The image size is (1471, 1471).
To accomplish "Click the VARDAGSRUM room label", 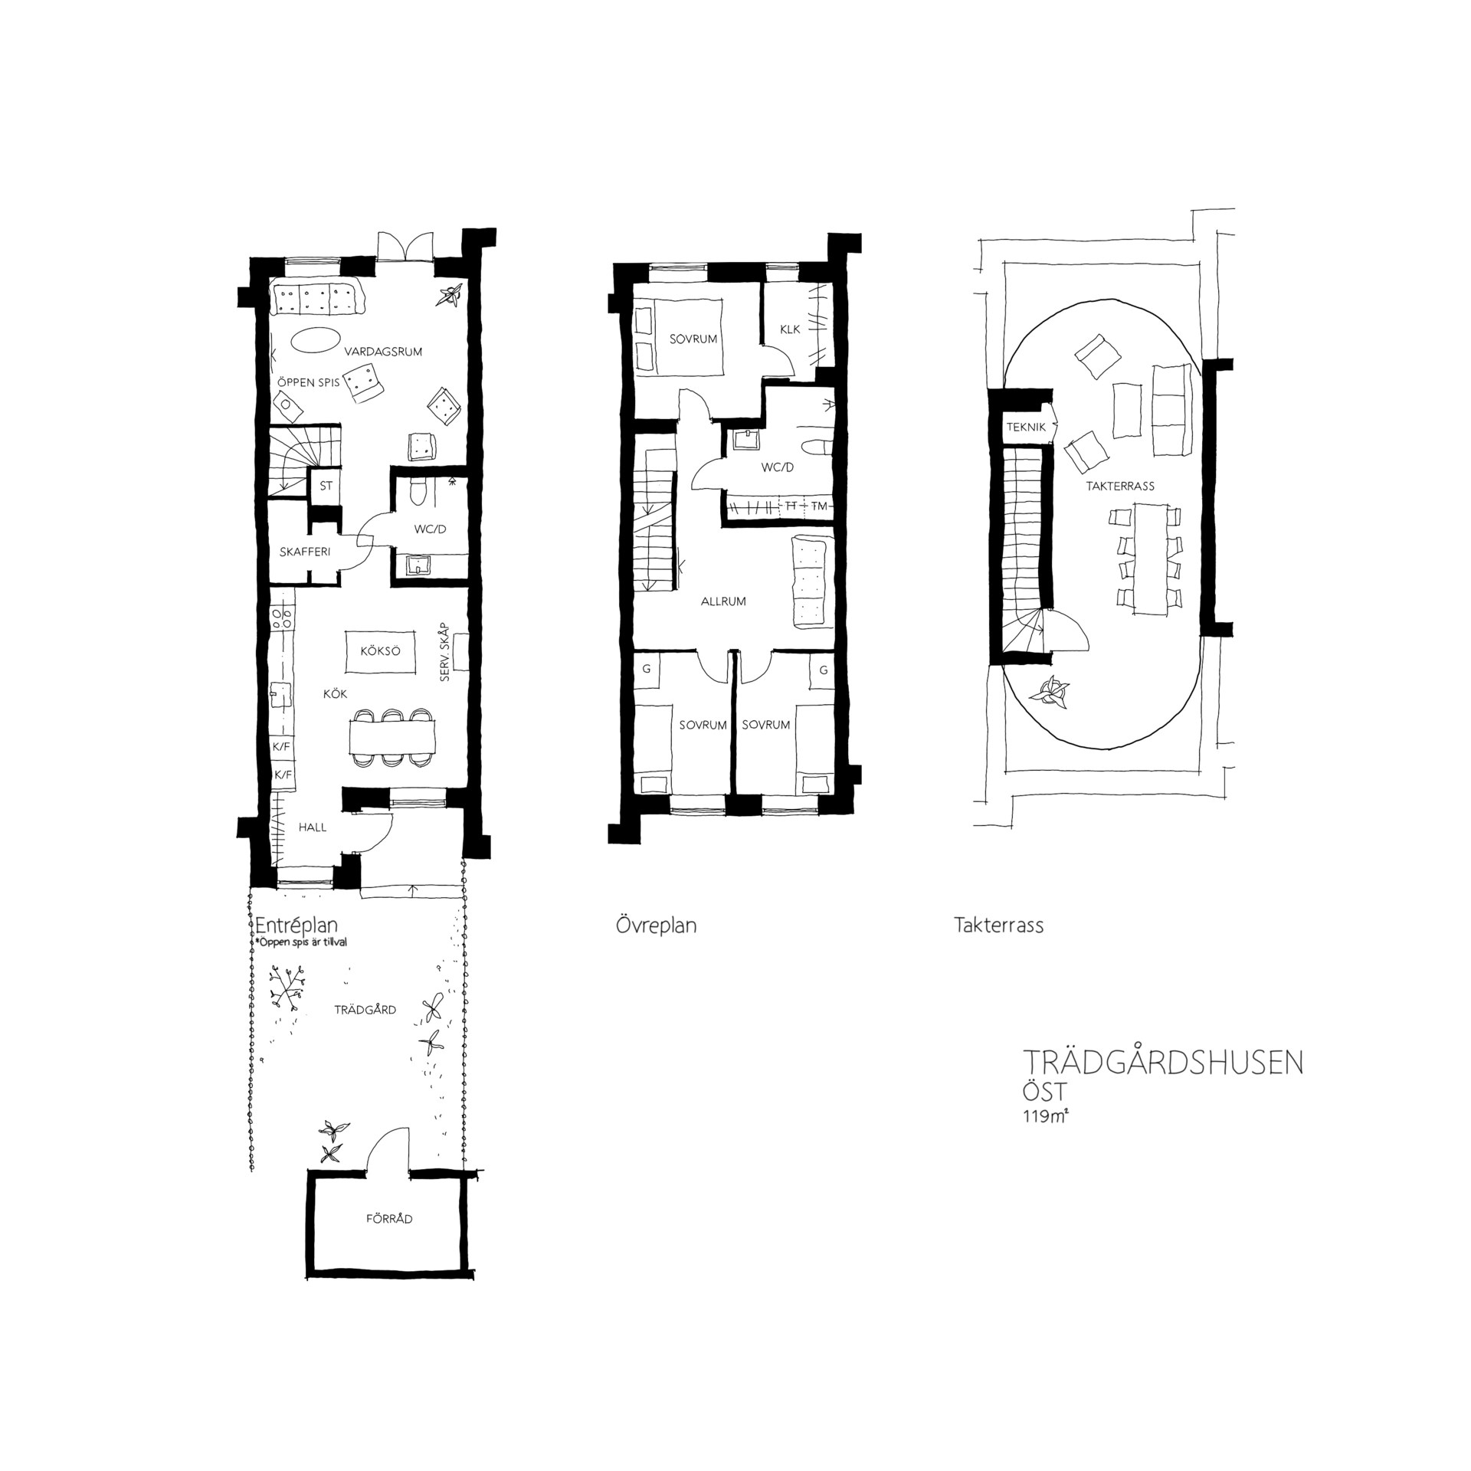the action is point(383,352).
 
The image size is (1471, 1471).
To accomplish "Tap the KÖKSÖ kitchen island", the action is point(381,652).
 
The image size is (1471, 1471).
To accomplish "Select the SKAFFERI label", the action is point(305,552).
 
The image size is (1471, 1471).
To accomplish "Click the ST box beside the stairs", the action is point(326,486).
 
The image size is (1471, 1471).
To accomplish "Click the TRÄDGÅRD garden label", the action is point(365,1010).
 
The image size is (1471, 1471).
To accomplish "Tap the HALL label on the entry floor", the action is point(313,827).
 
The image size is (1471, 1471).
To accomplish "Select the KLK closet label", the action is point(790,329).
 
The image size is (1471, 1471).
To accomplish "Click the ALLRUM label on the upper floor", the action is point(723,601).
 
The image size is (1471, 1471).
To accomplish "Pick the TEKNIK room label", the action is point(1026,428).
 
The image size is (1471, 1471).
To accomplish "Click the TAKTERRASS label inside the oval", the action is point(1119,486).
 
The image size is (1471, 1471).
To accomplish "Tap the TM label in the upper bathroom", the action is point(819,506).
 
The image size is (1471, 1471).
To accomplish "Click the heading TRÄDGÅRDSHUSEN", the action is point(1163,1064).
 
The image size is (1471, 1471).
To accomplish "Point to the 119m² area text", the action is point(1045,1116).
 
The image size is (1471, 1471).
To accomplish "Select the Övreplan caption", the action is point(656,926).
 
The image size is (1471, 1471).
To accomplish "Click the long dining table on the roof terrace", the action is point(1149,558).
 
